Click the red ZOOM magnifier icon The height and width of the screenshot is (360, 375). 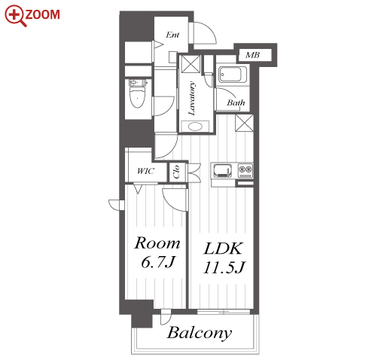pos(15,16)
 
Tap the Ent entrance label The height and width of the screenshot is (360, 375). pos(172,35)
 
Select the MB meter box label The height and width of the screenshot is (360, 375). pos(252,55)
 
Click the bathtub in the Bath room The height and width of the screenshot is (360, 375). pos(233,74)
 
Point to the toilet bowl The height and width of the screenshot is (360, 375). pos(138,93)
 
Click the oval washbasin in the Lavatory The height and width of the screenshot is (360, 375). pos(195,127)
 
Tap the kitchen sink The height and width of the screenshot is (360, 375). pos(222,170)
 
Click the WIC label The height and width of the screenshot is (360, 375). pos(145,171)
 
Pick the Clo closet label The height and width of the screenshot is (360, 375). pos(176,172)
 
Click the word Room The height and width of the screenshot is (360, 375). pos(157,243)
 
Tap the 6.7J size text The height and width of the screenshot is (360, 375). pos(157,262)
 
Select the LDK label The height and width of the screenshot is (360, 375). pos(223,249)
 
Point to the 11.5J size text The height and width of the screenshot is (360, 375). pos(224,267)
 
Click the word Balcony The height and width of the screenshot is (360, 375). pos(200,333)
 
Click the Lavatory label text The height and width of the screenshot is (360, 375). pos(192,99)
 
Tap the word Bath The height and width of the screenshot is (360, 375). pos(236,102)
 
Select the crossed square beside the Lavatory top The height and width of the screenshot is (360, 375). pos(191,64)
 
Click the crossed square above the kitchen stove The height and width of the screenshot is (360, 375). pos(244,123)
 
